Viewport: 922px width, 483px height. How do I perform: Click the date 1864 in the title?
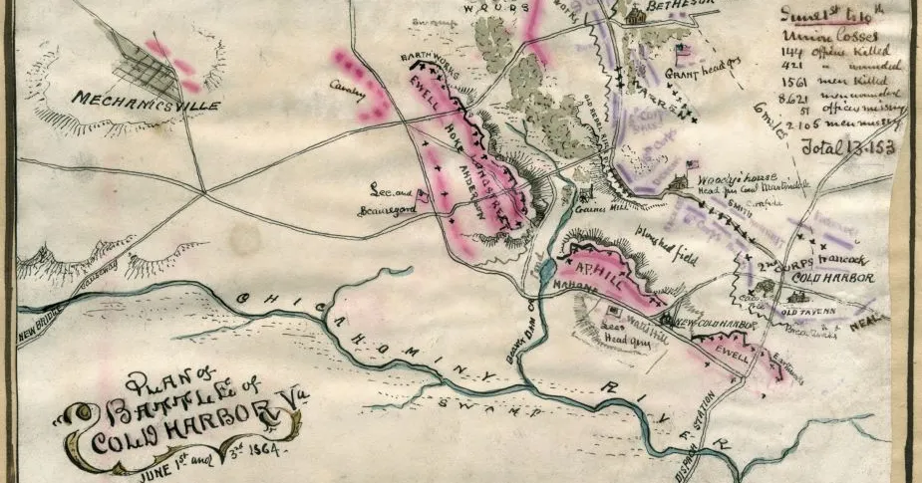pyautogui.click(x=257, y=446)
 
